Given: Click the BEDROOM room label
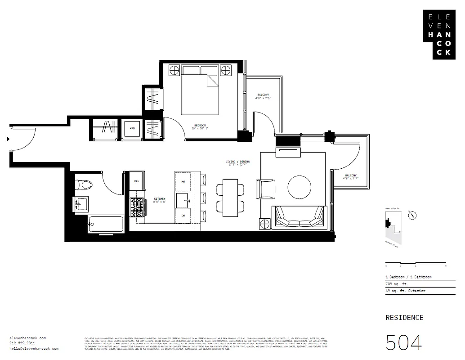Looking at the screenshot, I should point(200,125).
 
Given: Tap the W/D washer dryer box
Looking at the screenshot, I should point(133,128).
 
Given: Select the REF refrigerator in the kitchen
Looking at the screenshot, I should point(137,181).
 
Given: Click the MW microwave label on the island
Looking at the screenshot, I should point(183,181).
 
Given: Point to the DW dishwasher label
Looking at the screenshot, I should point(183,216).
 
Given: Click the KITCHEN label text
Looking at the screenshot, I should point(160,198).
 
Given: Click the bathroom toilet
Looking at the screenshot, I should point(84,184).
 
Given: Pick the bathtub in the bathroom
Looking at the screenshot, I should point(106,224).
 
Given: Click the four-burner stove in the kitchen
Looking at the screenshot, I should point(137,207).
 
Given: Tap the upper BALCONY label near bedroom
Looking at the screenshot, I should point(263,94).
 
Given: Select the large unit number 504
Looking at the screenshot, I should point(404,343).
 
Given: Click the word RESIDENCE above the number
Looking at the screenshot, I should point(404,317).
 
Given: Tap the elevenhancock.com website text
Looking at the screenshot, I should point(27,338).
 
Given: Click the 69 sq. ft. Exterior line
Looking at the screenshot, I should point(405,291).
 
